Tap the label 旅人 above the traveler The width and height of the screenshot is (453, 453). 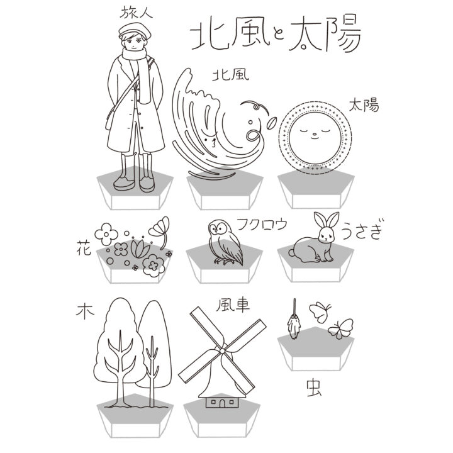[136, 13]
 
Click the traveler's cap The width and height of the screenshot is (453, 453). [135, 30]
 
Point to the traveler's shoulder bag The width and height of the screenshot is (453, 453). [111, 118]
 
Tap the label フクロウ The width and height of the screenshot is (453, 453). [262, 224]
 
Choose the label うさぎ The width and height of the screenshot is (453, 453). [362, 230]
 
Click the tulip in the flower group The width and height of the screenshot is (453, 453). [140, 249]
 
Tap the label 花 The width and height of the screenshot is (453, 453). [84, 248]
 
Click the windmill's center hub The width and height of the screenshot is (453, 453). [222, 350]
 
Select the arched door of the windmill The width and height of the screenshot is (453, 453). [222, 403]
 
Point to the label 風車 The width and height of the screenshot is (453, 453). [233, 305]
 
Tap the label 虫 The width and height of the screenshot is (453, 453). [315, 388]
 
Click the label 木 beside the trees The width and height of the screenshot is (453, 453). [85, 312]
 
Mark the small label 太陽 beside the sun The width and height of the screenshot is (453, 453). [364, 105]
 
